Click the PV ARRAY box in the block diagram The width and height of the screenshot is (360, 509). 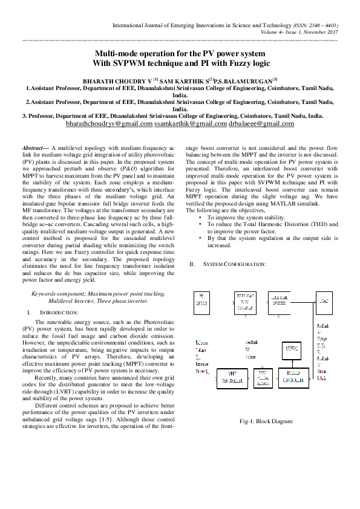[x=201, y=300]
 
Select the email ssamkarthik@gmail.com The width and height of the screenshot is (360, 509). [x=190, y=124]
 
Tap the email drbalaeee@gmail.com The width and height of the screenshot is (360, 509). [x=261, y=124]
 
